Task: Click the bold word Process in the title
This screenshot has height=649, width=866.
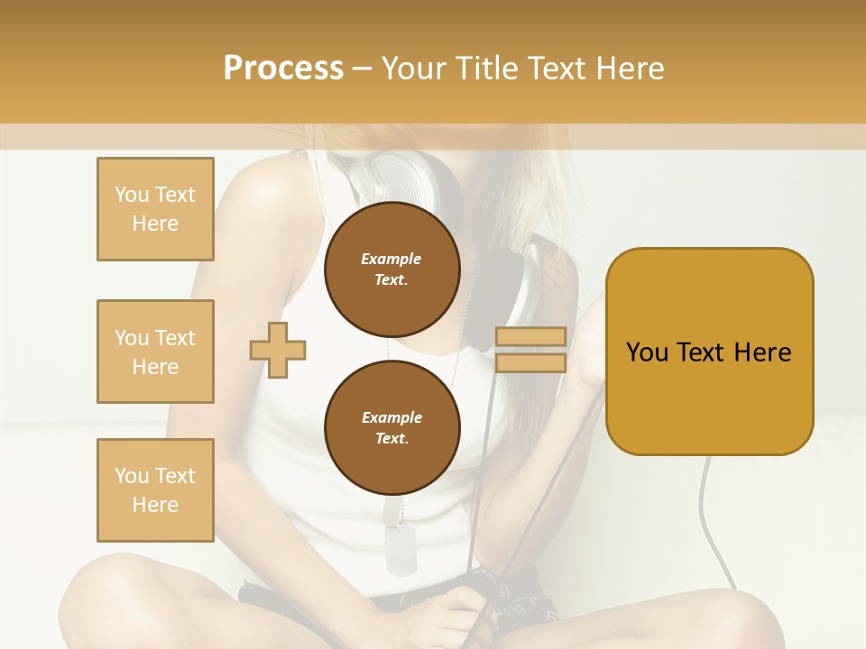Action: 283,69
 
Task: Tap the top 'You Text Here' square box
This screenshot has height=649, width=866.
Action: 155,209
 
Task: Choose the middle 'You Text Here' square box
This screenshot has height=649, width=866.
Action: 155,352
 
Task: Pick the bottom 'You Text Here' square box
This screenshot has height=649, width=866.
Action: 155,490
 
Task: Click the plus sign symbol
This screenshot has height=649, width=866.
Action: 278,350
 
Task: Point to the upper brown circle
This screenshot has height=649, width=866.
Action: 392,269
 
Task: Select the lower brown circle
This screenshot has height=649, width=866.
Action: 392,427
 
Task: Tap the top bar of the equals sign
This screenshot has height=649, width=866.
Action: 530,337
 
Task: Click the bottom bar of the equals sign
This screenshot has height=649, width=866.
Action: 530,362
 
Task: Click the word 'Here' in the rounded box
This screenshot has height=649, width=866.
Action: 762,352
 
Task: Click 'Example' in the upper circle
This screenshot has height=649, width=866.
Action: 392,259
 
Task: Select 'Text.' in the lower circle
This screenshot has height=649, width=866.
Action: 392,438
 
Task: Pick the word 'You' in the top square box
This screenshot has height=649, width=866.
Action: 132,195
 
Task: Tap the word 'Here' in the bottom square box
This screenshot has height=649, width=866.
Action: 155,505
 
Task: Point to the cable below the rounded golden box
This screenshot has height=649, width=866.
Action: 706,505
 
